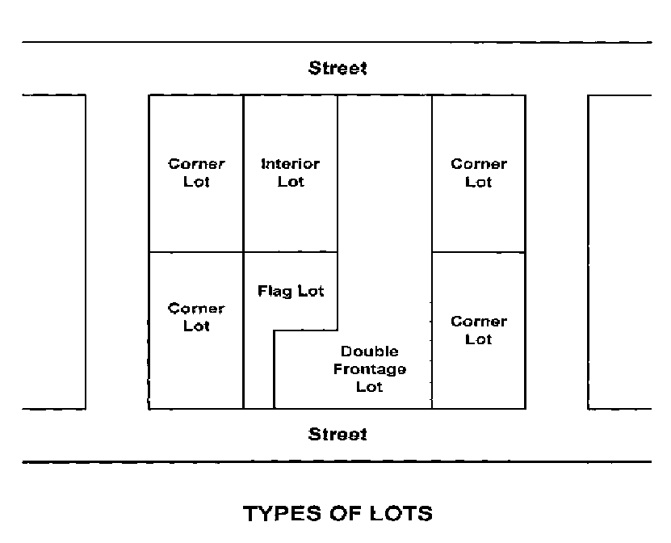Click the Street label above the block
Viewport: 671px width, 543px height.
338,68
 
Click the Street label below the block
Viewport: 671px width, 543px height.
338,434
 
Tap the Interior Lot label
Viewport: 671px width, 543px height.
291,173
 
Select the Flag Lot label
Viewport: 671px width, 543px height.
291,291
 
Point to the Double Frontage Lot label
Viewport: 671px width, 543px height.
369,369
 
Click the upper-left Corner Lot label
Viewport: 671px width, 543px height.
196,173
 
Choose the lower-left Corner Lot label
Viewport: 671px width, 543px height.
196,317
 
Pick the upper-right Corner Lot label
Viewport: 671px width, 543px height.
479,173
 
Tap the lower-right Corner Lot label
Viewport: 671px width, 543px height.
479,330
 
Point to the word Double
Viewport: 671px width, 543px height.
369,351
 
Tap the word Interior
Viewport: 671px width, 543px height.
291,164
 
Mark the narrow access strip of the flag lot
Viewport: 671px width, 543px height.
259,372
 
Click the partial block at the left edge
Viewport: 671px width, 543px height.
53,250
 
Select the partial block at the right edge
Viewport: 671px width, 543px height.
619,250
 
